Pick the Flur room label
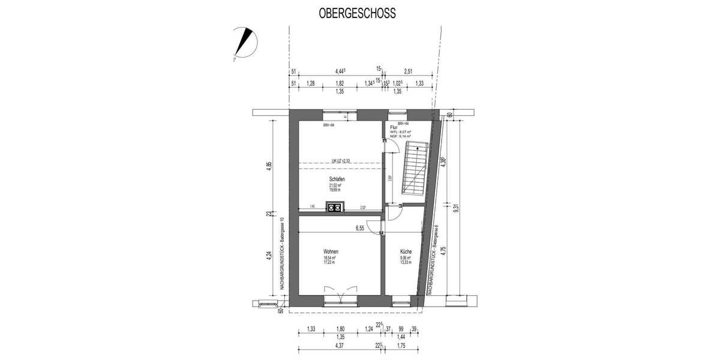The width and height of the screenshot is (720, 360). pos(394,127)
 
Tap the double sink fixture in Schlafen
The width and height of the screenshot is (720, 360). pos(334,208)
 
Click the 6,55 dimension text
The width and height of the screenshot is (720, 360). pos(360,228)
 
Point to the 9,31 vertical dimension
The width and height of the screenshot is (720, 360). pos(456,208)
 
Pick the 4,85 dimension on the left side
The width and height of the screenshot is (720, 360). pos(269,166)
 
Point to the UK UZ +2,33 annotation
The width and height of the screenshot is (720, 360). pos(341,161)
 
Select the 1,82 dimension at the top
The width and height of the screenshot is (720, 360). pos(340,83)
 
